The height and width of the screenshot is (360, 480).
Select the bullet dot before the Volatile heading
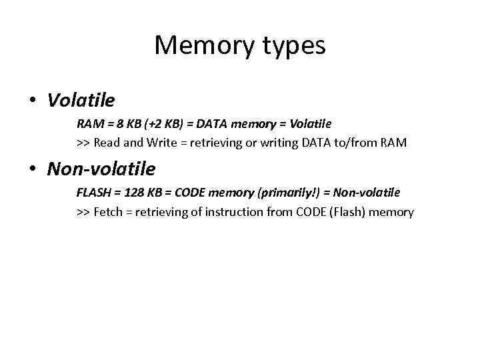(32, 101)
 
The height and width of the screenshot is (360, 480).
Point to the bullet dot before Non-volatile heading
(32, 169)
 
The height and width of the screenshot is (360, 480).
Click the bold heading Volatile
(81, 100)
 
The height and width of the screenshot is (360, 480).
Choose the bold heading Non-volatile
(101, 169)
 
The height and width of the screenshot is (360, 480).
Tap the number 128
(132, 193)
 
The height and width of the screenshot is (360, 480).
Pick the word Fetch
(109, 212)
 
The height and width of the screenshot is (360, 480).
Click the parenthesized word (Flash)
(349, 212)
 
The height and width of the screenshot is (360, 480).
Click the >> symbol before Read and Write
(83, 143)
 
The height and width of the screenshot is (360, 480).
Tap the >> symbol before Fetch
(83, 212)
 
